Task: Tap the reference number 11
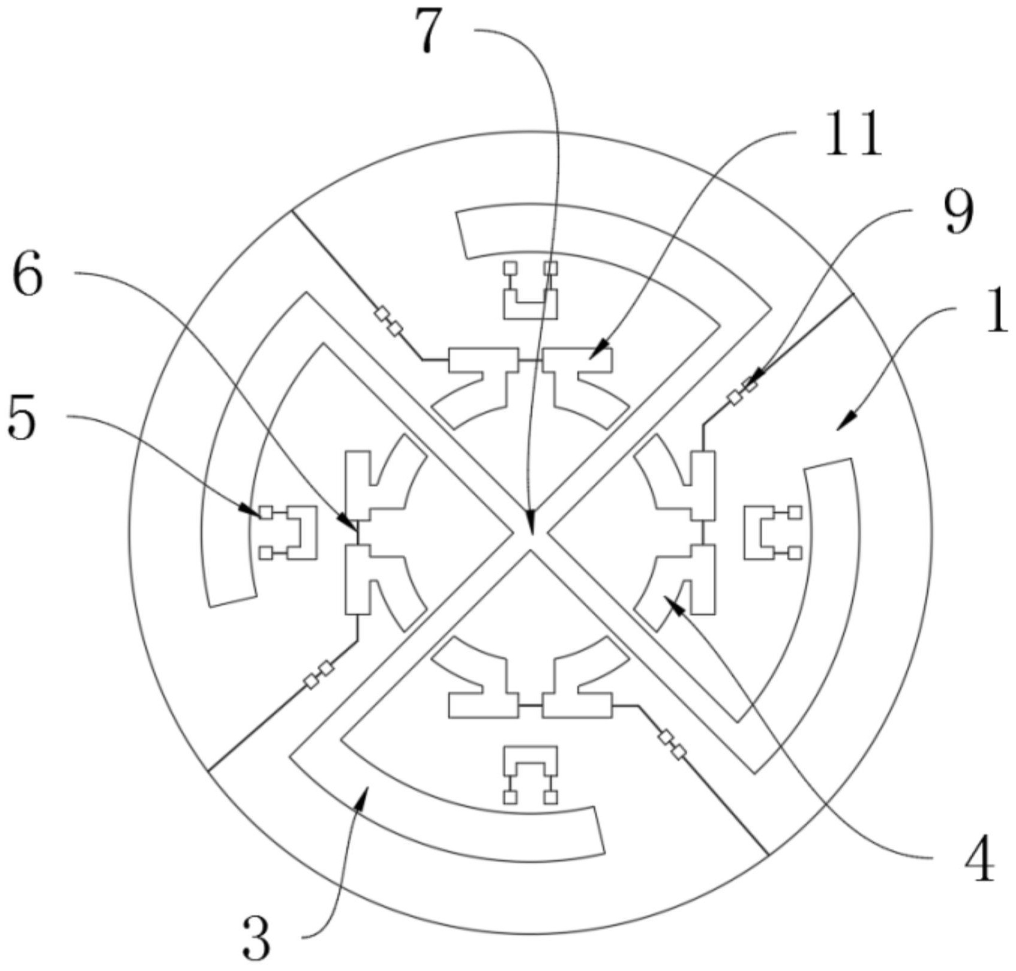pos(853,134)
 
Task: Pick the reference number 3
pos(257,942)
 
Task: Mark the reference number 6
pos(28,277)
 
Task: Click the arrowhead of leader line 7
pos(531,529)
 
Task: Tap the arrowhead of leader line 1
pos(840,427)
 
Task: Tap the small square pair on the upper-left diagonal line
pos(388,321)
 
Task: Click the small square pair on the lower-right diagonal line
pos(672,745)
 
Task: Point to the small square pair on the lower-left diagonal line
pos(319,675)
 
